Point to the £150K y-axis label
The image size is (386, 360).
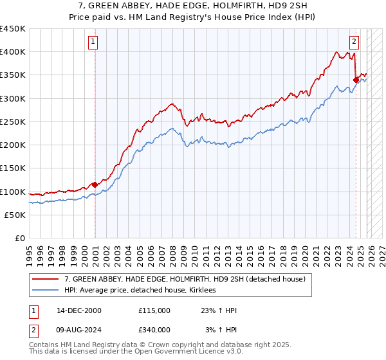click(x=13, y=168)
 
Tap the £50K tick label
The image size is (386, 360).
click(x=15, y=215)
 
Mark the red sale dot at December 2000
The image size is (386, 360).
click(x=95, y=184)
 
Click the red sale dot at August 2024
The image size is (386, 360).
click(x=356, y=80)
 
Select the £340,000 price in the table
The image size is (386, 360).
click(x=154, y=330)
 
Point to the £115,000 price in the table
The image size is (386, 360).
click(x=154, y=310)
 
